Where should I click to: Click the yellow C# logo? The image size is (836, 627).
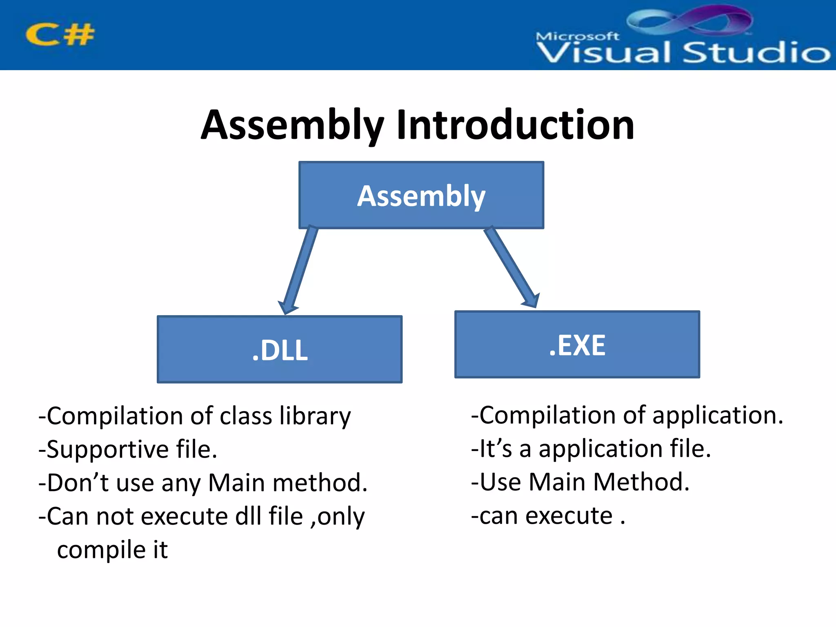tap(60, 35)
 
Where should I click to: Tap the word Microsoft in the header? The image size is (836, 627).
tap(577, 36)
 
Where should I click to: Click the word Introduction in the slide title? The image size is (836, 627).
tap(515, 125)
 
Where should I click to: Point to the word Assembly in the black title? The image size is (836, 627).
tap(292, 125)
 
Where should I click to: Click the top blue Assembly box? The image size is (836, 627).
tap(421, 195)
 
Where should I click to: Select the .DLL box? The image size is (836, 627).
tap(280, 349)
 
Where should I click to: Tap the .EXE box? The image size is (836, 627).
tap(577, 345)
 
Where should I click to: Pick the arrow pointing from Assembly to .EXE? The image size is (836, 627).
tap(512, 267)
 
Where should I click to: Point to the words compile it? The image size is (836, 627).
tap(112, 550)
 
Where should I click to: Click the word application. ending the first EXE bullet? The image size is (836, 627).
tap(718, 416)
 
